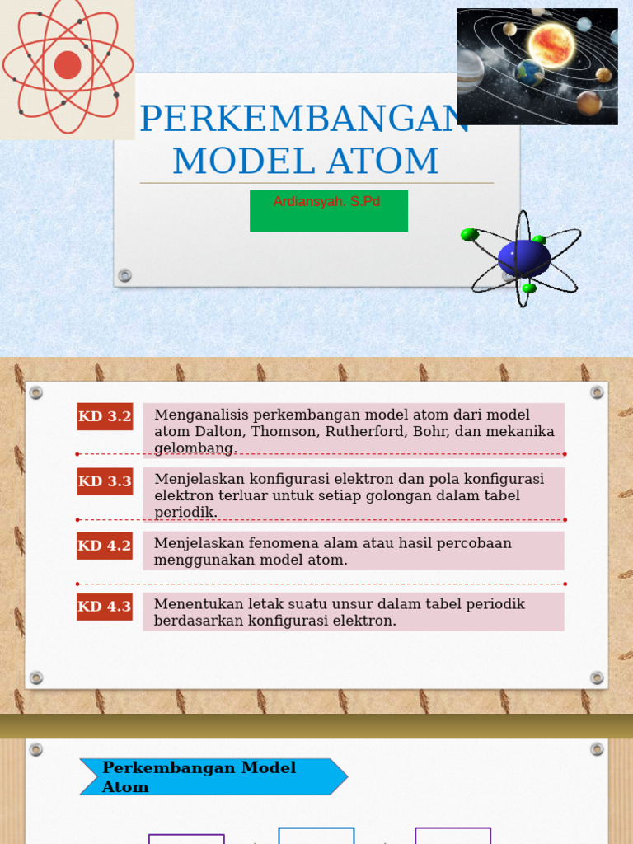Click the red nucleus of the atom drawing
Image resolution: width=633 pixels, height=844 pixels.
(x=68, y=64)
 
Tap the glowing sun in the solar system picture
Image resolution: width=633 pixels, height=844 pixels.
(x=550, y=44)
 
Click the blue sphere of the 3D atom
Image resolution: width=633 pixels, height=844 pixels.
(x=523, y=258)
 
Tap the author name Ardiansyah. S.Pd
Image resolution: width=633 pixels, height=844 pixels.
(x=327, y=202)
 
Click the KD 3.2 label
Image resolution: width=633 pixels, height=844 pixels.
(x=105, y=417)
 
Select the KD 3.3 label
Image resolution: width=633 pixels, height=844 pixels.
(x=105, y=481)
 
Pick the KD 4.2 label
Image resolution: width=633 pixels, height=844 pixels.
(x=105, y=546)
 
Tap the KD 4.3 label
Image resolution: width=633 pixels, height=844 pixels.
(x=105, y=607)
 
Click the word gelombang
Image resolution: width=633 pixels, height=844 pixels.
(x=195, y=448)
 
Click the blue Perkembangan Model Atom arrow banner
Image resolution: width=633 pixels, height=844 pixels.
(x=213, y=777)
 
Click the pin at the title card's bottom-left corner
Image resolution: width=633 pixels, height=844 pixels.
(x=124, y=275)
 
